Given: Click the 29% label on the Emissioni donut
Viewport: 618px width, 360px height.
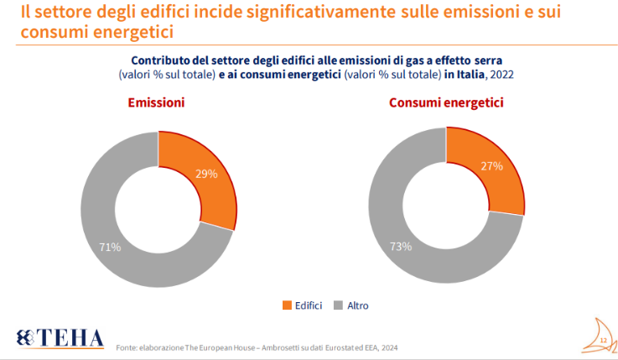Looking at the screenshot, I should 206,174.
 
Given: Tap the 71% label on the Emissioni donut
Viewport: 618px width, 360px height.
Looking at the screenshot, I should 110,247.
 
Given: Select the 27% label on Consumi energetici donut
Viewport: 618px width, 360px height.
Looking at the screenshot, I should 491,166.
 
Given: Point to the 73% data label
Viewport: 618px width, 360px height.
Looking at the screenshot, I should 401,247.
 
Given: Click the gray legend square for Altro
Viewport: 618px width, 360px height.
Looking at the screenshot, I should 340,305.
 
